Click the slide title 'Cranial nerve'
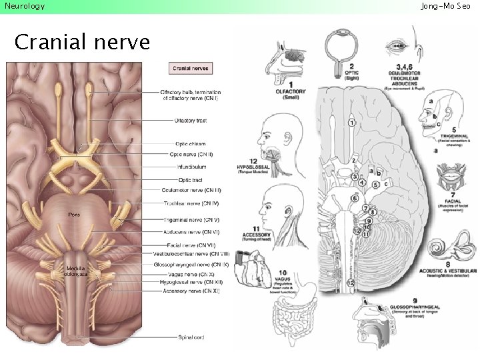pos(82,43)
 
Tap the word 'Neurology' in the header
pos(25,6)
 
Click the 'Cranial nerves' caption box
pos(191,68)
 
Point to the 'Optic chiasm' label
pos(190,143)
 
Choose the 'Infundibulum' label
pos(191,167)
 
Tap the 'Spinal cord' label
pos(191,337)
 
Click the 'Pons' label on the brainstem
pos(75,214)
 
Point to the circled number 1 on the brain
pos(351,122)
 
